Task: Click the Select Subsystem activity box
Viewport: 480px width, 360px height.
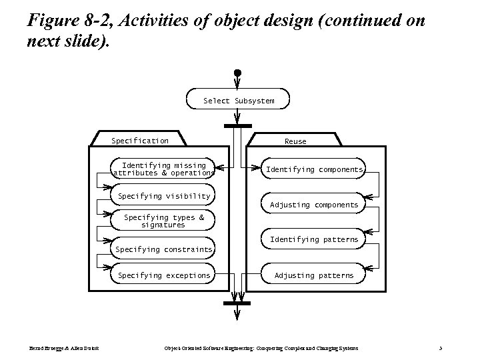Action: point(238,101)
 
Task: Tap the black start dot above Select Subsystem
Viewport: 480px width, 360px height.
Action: point(237,73)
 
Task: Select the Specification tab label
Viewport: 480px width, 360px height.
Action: point(140,141)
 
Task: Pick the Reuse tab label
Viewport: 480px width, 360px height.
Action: point(295,141)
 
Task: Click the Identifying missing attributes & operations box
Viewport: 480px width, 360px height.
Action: point(164,169)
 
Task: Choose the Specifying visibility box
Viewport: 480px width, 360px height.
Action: point(164,196)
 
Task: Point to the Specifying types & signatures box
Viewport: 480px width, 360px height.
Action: point(164,221)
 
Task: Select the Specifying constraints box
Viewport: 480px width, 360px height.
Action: point(164,249)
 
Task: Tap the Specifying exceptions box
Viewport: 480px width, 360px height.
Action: point(164,275)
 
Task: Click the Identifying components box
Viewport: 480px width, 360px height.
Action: point(314,169)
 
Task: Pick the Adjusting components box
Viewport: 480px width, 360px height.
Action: point(314,205)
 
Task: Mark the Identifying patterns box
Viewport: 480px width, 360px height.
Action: point(314,239)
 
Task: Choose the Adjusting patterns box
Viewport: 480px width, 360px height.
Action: point(314,275)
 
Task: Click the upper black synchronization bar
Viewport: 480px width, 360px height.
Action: point(238,125)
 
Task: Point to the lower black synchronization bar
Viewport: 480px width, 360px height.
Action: point(238,303)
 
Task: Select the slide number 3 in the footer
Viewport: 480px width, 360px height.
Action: point(441,349)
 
